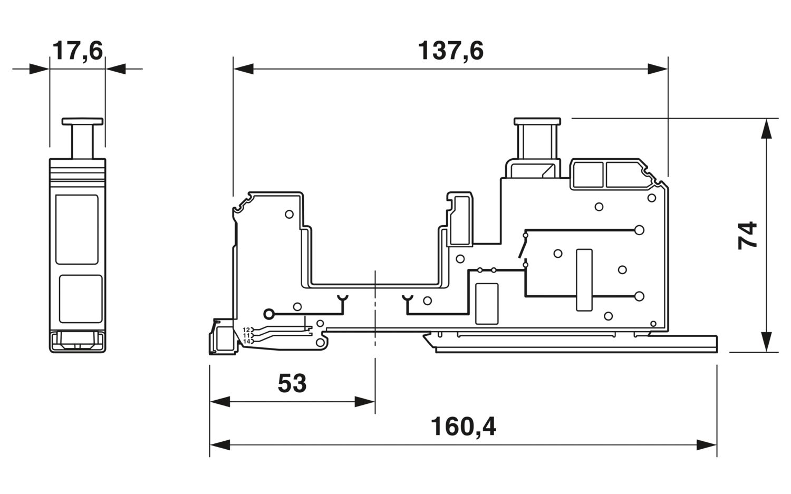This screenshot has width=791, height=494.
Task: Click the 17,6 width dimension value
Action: tap(78, 51)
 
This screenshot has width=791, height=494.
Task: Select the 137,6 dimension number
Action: tap(450, 51)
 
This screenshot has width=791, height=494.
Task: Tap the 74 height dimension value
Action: tap(748, 236)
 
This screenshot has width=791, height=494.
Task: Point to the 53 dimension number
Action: tap(292, 383)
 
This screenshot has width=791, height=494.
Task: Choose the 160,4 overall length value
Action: tap(464, 427)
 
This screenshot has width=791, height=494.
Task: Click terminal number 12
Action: tap(246, 330)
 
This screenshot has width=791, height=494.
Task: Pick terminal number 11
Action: tap(246, 335)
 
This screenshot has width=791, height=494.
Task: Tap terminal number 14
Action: tap(246, 342)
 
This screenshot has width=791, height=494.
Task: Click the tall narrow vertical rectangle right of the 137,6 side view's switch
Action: tap(584, 280)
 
